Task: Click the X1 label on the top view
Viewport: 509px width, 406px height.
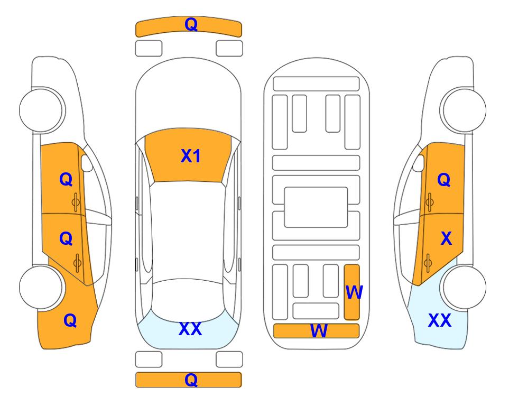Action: (191, 156)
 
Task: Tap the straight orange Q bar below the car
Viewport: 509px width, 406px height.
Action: (189, 380)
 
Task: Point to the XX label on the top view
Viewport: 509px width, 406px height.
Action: (190, 329)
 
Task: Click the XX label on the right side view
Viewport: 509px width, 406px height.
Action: (440, 320)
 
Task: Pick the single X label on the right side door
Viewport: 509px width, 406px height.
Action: (446, 238)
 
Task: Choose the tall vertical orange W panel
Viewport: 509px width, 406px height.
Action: (352, 292)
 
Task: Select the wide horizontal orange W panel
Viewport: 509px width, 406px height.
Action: (317, 330)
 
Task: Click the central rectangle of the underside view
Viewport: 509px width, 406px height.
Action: (316, 207)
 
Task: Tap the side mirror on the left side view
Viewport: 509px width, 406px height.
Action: (87, 163)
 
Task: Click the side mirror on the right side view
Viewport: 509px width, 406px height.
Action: (419, 163)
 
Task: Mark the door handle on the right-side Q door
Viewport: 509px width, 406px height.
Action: (429, 202)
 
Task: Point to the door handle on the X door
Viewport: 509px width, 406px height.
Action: (428, 263)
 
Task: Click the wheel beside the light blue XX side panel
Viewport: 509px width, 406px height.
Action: (463, 287)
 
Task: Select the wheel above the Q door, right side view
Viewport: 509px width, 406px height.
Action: (463, 110)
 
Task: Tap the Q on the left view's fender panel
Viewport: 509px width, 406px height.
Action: (70, 320)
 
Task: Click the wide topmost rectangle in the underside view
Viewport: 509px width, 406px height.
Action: (316, 84)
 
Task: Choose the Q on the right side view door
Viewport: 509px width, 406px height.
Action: (444, 180)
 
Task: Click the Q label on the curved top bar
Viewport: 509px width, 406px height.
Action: (191, 24)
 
